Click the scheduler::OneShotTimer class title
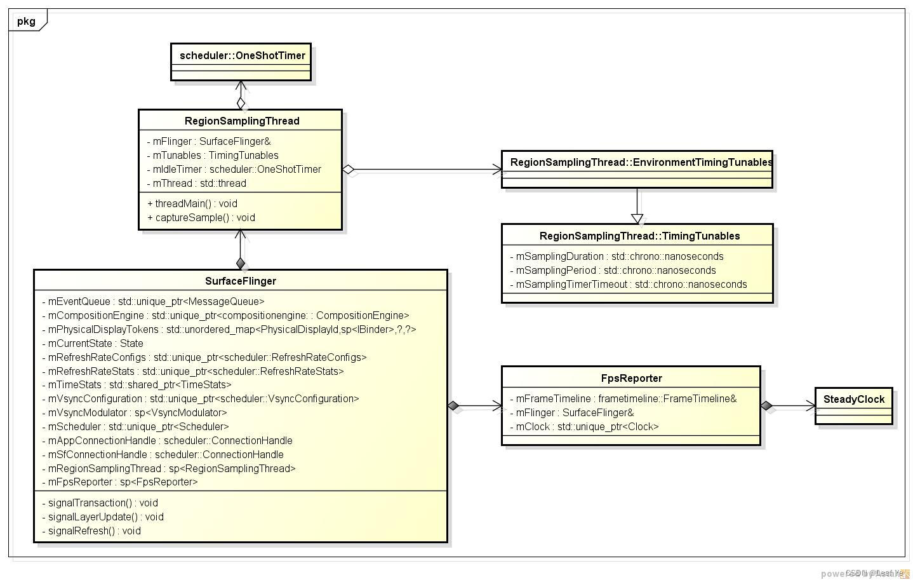[242, 55]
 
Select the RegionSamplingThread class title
[242, 121]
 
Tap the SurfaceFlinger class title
[240, 281]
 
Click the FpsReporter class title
[631, 378]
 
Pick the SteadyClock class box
[853, 405]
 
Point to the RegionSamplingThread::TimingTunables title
[639, 236]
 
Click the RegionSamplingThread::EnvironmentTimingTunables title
[641, 162]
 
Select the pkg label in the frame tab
[26, 21]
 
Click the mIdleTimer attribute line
[234, 169]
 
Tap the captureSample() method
[201, 217]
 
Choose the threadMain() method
[192, 203]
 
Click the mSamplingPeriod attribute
[612, 270]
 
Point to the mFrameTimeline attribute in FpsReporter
[622, 398]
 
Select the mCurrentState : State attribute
[92, 343]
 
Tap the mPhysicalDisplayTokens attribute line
[229, 329]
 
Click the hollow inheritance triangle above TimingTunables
[637, 219]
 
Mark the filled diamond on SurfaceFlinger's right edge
[453, 405]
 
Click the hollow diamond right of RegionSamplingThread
[348, 169]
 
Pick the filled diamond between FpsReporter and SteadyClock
[766, 405]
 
